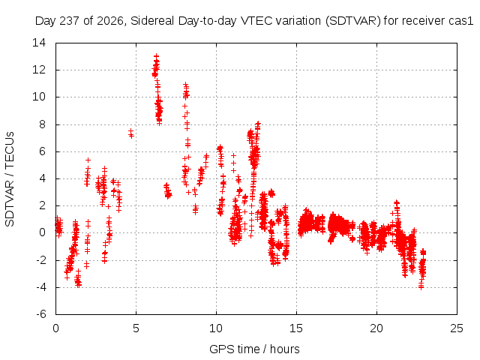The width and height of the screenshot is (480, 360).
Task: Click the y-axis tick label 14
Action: (39, 43)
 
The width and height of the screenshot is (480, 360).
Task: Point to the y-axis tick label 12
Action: (39, 70)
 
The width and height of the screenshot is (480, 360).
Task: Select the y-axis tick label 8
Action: (42, 124)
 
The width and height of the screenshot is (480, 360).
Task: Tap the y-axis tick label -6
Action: (40, 314)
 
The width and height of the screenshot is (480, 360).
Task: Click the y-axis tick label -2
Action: (40, 260)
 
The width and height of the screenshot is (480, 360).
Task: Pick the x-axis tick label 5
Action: (136, 328)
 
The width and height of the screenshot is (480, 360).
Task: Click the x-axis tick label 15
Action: (296, 328)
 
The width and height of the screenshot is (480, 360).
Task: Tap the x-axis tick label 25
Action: (457, 328)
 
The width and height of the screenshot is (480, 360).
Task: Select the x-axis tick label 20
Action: (376, 328)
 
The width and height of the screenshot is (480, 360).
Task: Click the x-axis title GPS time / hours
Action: (254, 349)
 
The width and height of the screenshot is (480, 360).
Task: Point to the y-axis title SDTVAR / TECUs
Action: (10, 179)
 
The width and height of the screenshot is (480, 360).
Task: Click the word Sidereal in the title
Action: (152, 21)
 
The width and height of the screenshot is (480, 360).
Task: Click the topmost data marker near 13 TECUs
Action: (157, 56)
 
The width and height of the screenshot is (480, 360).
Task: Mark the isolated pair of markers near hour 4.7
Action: (131, 133)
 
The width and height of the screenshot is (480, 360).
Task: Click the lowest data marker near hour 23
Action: (421, 287)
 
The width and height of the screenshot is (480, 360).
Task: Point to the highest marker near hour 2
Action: (88, 160)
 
